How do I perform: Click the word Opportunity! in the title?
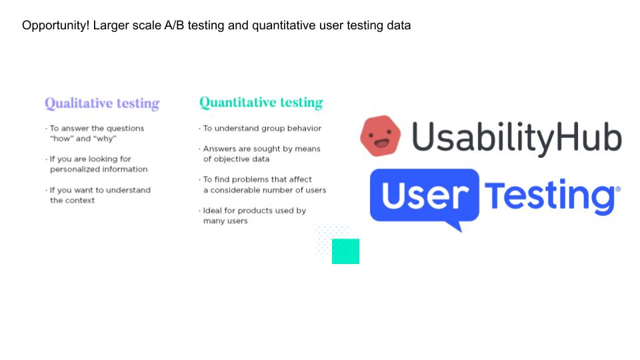point(55,25)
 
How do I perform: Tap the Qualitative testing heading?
point(102,103)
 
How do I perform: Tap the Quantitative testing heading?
point(261,102)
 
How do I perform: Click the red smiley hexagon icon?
point(381,136)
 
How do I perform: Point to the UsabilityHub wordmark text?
point(517,138)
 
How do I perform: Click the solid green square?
point(346,251)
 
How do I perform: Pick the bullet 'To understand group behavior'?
point(262,128)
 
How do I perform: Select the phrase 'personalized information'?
point(99,169)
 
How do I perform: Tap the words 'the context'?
point(72,201)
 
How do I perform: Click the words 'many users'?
point(225,221)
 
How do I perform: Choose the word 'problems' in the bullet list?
point(249,179)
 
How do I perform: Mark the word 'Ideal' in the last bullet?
point(212,211)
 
